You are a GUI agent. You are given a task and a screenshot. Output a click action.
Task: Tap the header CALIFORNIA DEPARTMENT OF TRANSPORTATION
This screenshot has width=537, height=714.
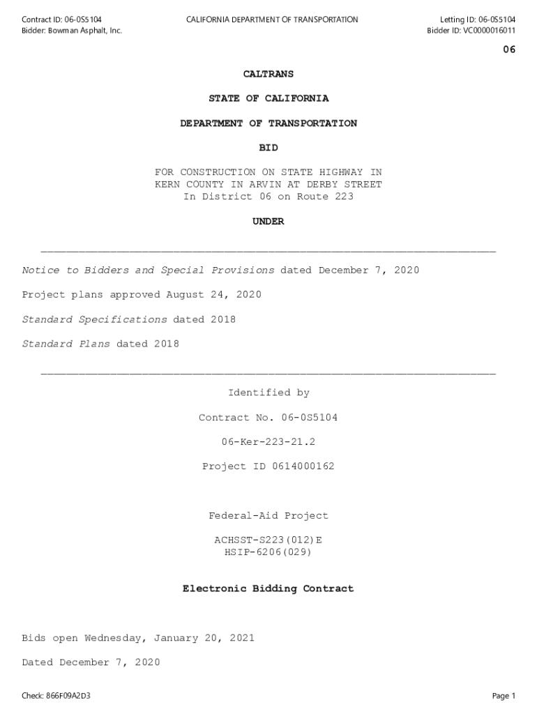pos(272,20)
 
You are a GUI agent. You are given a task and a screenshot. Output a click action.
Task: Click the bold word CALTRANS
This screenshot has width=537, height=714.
pos(268,74)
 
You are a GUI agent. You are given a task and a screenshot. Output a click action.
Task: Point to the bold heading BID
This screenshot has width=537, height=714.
pos(268,148)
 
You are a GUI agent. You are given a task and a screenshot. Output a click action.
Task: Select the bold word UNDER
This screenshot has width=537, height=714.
pos(268,222)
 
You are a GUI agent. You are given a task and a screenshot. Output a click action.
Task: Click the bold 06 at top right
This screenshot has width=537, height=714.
pos(509,50)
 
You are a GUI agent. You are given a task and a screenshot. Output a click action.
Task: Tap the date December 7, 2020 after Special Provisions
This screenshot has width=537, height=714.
pos(369,271)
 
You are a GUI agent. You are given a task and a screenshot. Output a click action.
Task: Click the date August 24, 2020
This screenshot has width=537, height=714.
pos(213,295)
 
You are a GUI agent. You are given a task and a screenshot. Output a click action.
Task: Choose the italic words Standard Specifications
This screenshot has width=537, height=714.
pos(94,320)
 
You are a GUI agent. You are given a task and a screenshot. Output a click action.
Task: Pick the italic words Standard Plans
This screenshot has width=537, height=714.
pos(66,344)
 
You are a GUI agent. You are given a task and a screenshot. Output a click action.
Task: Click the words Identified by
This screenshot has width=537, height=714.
pos(268,393)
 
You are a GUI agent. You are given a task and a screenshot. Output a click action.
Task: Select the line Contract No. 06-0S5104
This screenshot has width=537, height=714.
pos(268,418)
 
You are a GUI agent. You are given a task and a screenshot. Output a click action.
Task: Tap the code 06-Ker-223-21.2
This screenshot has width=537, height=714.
pos(268,442)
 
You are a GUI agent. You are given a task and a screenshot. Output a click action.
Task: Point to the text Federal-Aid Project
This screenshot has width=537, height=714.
pos(268,516)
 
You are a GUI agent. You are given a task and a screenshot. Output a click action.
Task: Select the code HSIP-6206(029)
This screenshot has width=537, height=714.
pos(268,553)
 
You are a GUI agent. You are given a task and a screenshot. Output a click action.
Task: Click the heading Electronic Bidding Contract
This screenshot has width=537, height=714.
pos(268,589)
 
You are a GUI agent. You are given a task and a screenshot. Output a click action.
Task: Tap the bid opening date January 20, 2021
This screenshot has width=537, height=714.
pos(204,638)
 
